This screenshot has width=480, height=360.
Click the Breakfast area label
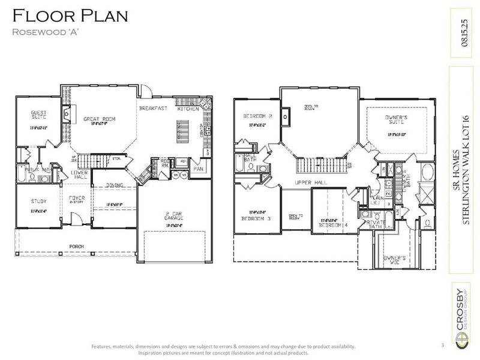pyautogui.click(x=152, y=109)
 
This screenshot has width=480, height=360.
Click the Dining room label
pyautogui.click(x=115, y=186)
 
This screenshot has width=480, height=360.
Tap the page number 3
pyautogui.click(x=442, y=345)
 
